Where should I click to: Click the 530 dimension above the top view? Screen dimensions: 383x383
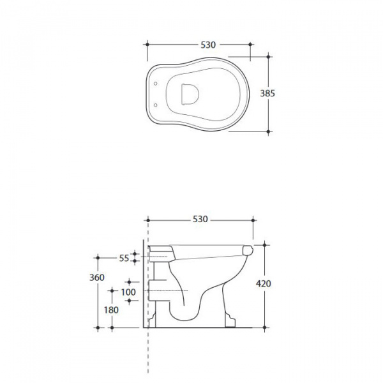click(x=208, y=45)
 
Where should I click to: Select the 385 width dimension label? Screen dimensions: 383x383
click(x=267, y=93)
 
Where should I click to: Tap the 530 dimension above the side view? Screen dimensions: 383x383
click(x=200, y=220)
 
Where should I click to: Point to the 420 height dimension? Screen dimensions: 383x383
click(x=264, y=283)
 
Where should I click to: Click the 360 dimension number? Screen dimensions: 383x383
click(x=97, y=278)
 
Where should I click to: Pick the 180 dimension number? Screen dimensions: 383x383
click(x=111, y=310)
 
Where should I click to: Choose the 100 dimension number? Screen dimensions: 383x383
click(x=128, y=292)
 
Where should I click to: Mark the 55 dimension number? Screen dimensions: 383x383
click(x=124, y=258)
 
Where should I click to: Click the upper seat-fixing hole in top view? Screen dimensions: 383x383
click(x=155, y=84)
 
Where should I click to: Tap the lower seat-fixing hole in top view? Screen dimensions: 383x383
click(x=155, y=105)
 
